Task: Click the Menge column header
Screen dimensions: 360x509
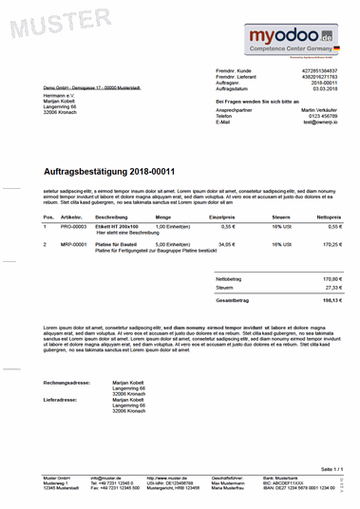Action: click(x=162, y=217)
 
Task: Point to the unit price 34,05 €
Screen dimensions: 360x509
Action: click(x=226, y=244)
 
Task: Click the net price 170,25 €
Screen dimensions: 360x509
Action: click(x=332, y=244)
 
